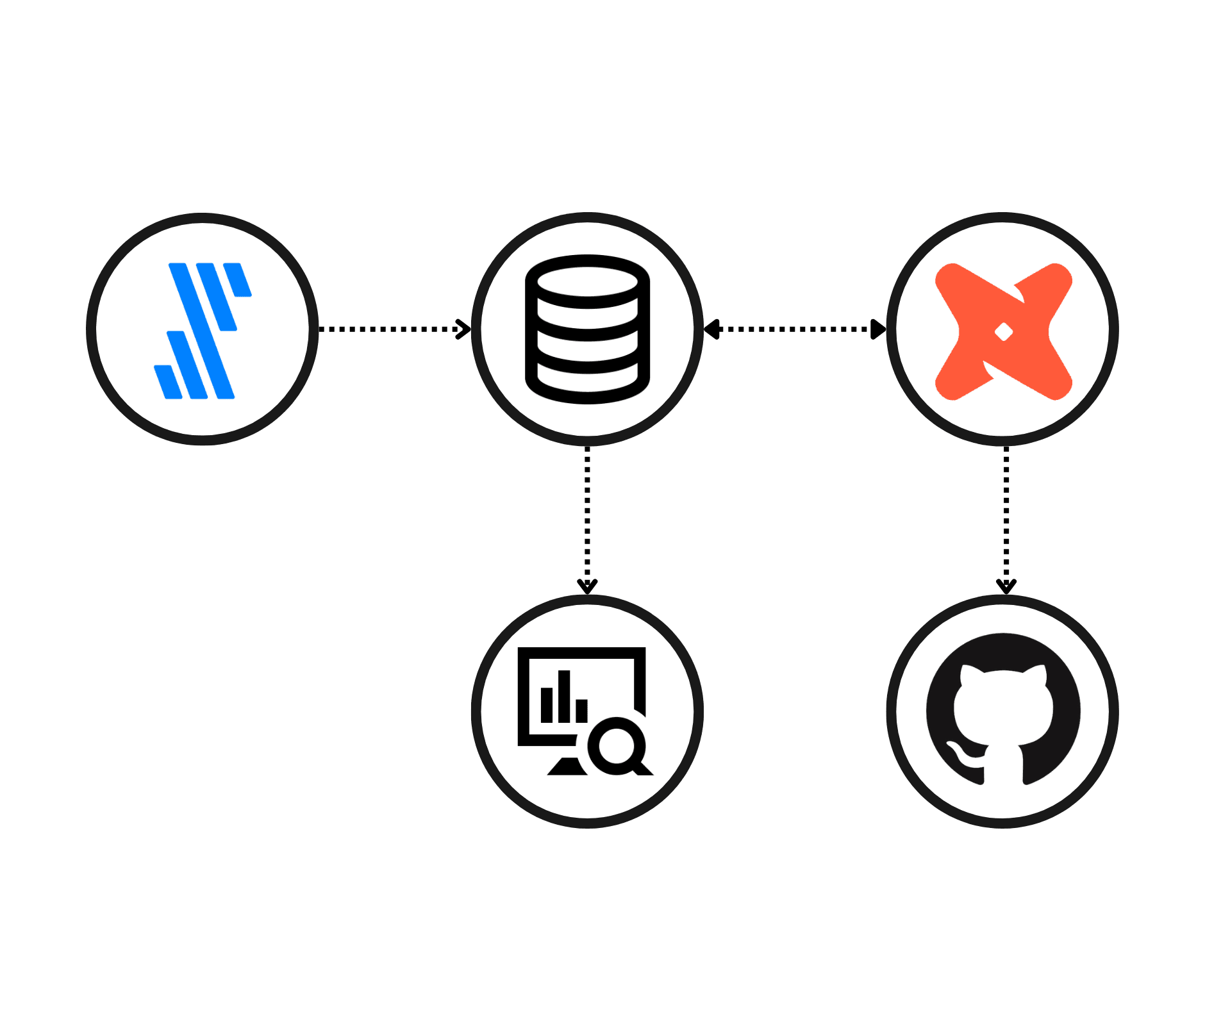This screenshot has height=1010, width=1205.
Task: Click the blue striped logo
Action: [203, 330]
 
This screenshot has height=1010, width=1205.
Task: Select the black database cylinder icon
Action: [587, 329]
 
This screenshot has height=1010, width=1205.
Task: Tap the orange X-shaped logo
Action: [1003, 331]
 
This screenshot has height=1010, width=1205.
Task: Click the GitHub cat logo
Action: [1003, 709]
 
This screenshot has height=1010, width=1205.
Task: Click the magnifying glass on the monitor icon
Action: [617, 746]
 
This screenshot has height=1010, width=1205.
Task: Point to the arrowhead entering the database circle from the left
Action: [463, 329]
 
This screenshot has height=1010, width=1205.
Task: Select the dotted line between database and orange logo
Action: [795, 329]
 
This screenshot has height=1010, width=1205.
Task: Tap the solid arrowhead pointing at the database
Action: [711, 329]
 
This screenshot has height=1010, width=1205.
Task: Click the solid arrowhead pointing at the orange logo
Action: [878, 329]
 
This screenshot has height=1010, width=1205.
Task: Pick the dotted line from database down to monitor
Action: [587, 513]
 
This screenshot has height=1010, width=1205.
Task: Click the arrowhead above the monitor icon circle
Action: [587, 586]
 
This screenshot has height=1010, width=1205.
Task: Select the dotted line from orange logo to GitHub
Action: [1006, 513]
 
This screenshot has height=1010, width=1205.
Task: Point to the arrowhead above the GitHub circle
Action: [1006, 586]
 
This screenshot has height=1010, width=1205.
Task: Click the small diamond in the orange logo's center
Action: [1003, 332]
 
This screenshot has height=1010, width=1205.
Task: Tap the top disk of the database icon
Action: [587, 282]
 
